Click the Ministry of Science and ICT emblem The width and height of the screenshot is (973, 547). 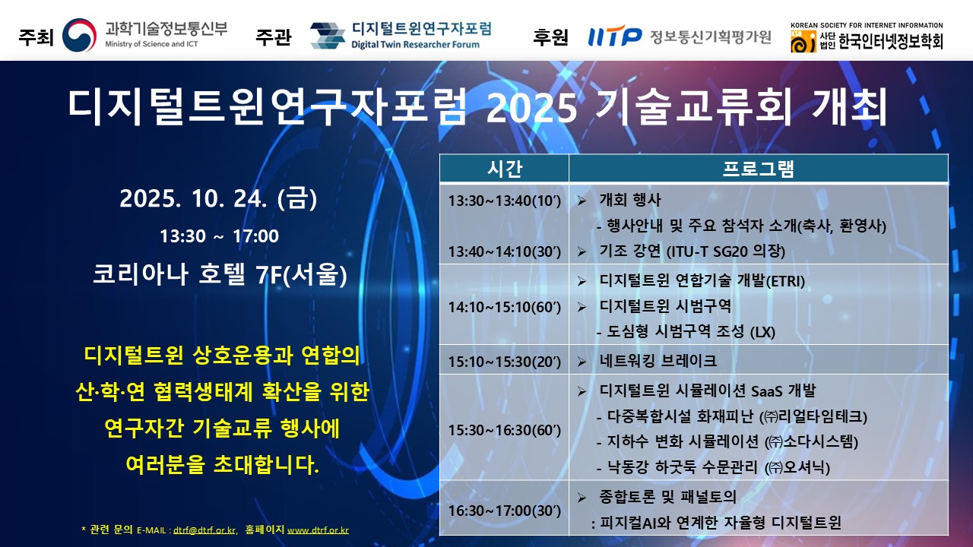80,35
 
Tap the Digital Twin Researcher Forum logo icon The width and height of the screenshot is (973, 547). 328,36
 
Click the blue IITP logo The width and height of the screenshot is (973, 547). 615,36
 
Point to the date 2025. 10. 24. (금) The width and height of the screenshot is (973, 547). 218,198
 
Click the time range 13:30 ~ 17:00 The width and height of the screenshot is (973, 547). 219,236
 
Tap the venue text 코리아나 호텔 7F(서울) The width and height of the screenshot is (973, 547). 220,274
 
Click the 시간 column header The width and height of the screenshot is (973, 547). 504,169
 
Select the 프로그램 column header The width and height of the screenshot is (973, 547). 759,169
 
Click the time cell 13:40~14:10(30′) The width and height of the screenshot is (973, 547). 504,251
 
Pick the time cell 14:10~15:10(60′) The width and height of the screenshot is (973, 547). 504,307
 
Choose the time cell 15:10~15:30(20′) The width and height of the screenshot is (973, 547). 504,361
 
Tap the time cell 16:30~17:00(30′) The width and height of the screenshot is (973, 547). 504,511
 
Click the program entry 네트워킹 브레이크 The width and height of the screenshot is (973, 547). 658,361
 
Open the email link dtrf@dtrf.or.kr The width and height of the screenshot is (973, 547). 204,530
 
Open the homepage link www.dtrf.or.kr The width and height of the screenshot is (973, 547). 318,530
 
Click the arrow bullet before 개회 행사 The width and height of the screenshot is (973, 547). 582,201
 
